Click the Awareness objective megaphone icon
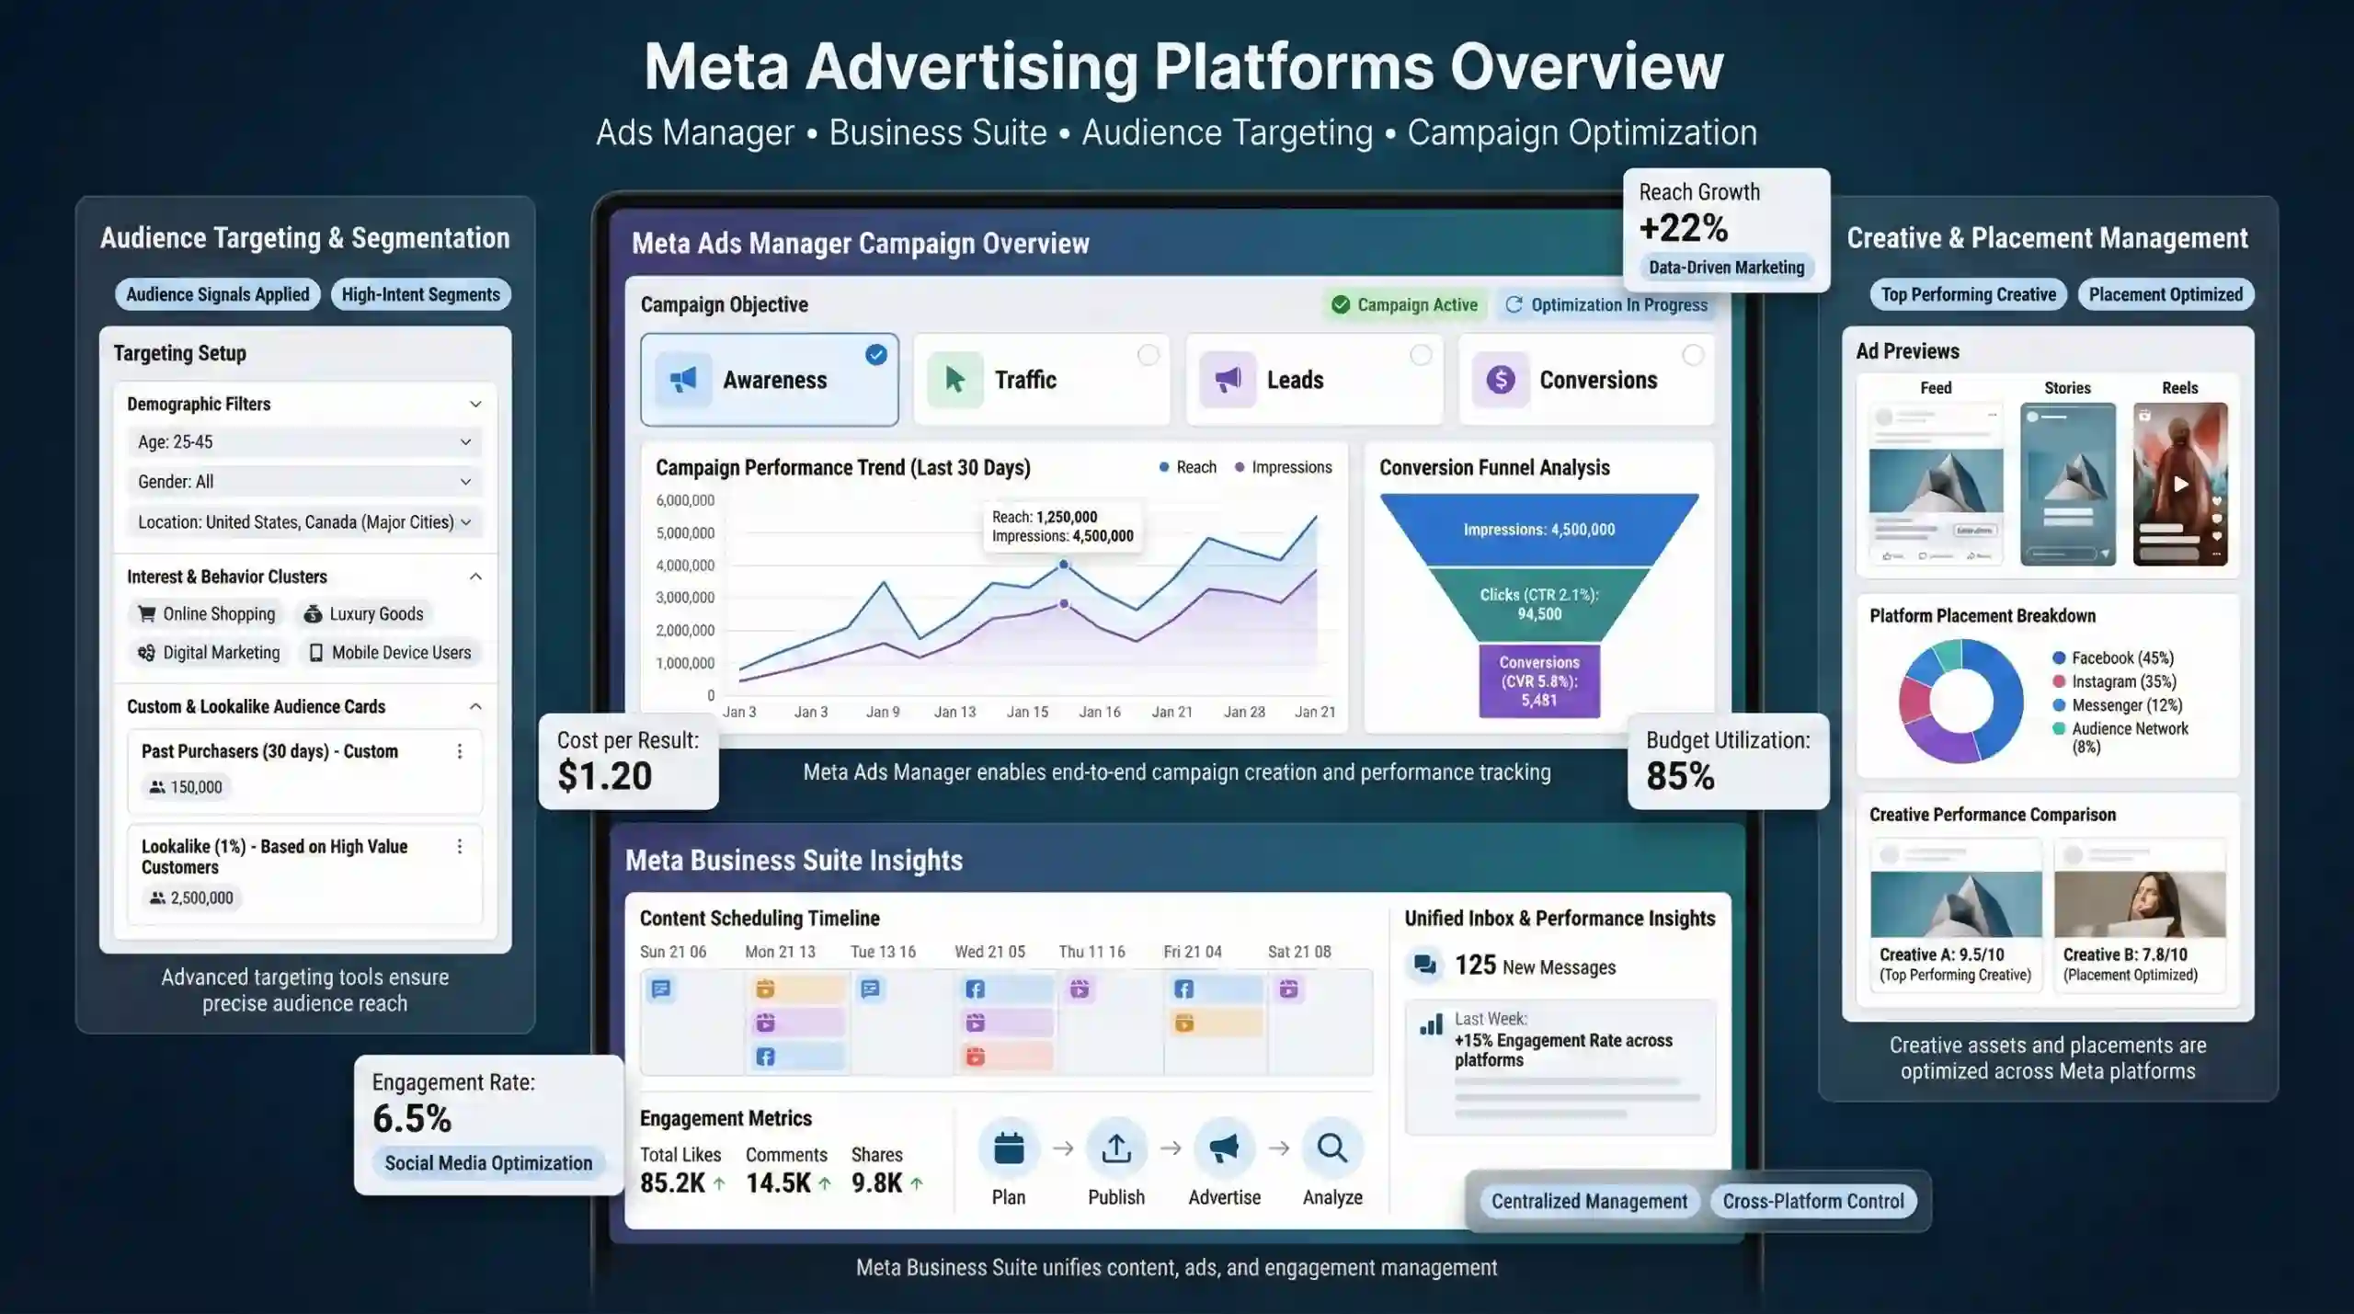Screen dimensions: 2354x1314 click(683, 379)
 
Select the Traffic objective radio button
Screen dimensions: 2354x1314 click(1148, 355)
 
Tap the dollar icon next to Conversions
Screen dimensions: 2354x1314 click(1500, 379)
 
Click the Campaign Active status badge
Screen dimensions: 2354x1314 click(1404, 304)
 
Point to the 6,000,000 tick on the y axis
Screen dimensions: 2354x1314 click(685, 500)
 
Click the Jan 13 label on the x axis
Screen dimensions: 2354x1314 click(954, 712)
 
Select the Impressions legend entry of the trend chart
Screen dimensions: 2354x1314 click(1283, 467)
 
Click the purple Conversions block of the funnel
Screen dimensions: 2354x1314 click(1539, 680)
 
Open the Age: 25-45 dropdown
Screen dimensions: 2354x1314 click(303, 442)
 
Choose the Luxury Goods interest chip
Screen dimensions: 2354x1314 click(364, 614)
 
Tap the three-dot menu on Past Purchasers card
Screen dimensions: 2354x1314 click(460, 751)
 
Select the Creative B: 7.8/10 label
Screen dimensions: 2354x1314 click(2125, 954)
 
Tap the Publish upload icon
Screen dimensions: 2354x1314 click(1116, 1148)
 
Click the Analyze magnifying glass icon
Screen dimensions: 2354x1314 click(1332, 1148)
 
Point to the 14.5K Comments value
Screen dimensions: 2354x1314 click(778, 1183)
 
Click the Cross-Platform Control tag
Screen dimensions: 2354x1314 click(1813, 1201)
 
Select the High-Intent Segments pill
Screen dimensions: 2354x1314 click(421, 294)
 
